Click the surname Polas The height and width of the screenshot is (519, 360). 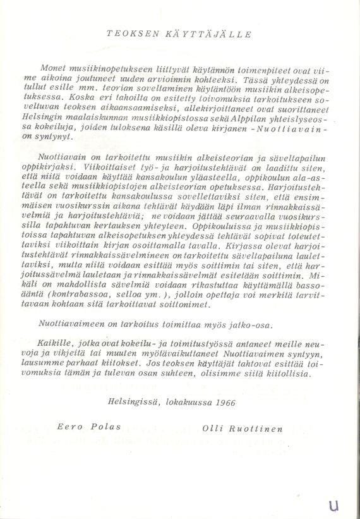pyautogui.click(x=100, y=429)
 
